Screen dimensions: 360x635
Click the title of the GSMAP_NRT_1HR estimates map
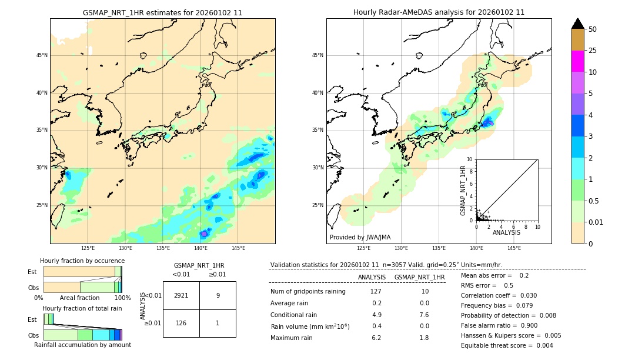coord(162,12)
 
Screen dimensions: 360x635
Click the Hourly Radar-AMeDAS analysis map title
coord(439,12)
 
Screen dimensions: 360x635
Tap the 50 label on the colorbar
coord(593,29)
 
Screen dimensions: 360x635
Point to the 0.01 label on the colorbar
coord(596,222)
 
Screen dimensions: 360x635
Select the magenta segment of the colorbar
coord(577,61)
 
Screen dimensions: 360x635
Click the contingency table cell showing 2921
coord(181,295)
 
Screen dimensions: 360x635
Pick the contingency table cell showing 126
coord(181,323)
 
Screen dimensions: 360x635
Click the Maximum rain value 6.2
coord(376,338)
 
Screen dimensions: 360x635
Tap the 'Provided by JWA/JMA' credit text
coord(360,237)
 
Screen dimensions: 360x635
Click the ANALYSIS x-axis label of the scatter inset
coord(506,232)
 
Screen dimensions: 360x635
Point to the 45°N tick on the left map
coord(42,55)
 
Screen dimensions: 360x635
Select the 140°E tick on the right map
coord(476,248)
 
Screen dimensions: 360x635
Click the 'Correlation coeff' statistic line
coord(498,295)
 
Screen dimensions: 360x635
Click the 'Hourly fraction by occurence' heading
coord(82,261)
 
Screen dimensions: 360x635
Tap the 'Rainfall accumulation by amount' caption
coord(82,345)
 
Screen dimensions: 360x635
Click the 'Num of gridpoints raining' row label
coord(308,292)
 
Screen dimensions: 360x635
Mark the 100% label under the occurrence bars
coord(122,298)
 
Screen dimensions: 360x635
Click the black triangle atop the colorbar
coord(577,24)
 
